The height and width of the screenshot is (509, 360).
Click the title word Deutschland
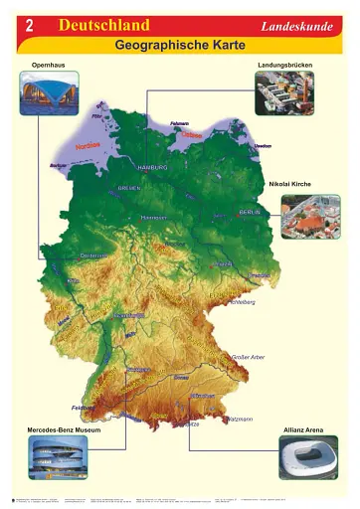104,26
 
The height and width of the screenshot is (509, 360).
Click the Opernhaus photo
49,93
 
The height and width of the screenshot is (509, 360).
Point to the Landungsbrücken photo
283,93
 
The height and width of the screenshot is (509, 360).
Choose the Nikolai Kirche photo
309,216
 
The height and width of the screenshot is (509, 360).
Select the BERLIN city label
249,212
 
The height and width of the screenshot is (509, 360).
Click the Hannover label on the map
153,217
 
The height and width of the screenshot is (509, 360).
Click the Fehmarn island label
179,123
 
